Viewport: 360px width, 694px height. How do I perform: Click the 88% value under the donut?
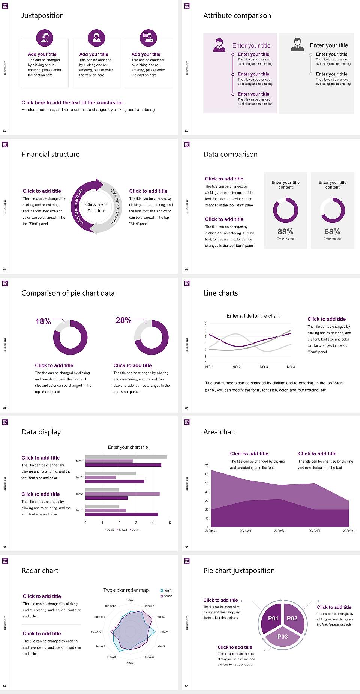285,232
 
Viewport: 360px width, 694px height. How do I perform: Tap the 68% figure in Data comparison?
332,232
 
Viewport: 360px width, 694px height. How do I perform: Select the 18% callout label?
43,321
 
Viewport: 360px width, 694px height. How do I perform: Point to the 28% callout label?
123,320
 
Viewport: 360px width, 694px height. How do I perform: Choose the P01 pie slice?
273,618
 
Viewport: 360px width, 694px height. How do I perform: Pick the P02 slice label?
292,618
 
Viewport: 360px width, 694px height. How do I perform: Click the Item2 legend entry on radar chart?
166,596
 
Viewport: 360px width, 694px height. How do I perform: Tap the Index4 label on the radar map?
164,632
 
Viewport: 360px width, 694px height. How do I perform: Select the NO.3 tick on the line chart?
264,367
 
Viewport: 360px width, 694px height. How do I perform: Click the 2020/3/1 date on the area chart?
280,531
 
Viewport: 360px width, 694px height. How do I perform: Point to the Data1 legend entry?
135,530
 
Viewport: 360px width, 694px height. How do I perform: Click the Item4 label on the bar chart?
79,461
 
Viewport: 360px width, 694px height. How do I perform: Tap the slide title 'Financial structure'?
51,154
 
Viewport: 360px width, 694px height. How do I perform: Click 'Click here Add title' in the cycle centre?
96,207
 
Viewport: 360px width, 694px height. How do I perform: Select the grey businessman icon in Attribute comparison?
297,45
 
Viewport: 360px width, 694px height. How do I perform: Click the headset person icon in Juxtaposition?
45,38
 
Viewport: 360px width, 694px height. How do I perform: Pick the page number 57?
187,408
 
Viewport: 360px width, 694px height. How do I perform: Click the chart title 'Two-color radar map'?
126,590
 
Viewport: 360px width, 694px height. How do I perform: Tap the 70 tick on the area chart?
207,466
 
